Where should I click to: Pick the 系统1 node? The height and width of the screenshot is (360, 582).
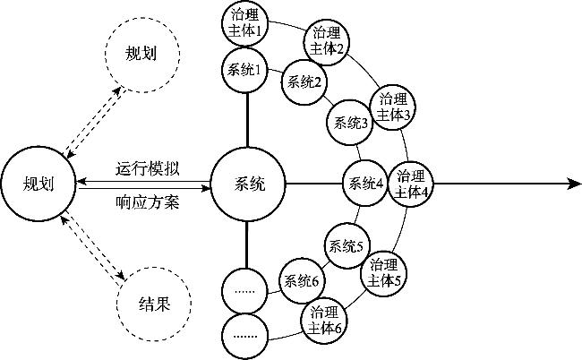click(x=245, y=70)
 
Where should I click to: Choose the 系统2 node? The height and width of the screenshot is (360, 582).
click(x=304, y=81)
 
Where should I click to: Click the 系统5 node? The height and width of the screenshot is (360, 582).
click(x=346, y=245)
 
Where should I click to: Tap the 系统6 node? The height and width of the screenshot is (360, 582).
click(x=303, y=280)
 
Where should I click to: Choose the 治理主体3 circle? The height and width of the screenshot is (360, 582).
click(x=394, y=107)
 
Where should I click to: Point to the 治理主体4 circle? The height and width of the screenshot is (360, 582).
click(x=413, y=185)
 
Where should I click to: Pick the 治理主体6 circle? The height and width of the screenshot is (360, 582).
click(x=324, y=320)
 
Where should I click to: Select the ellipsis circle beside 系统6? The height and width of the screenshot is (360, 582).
click(x=245, y=289)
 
